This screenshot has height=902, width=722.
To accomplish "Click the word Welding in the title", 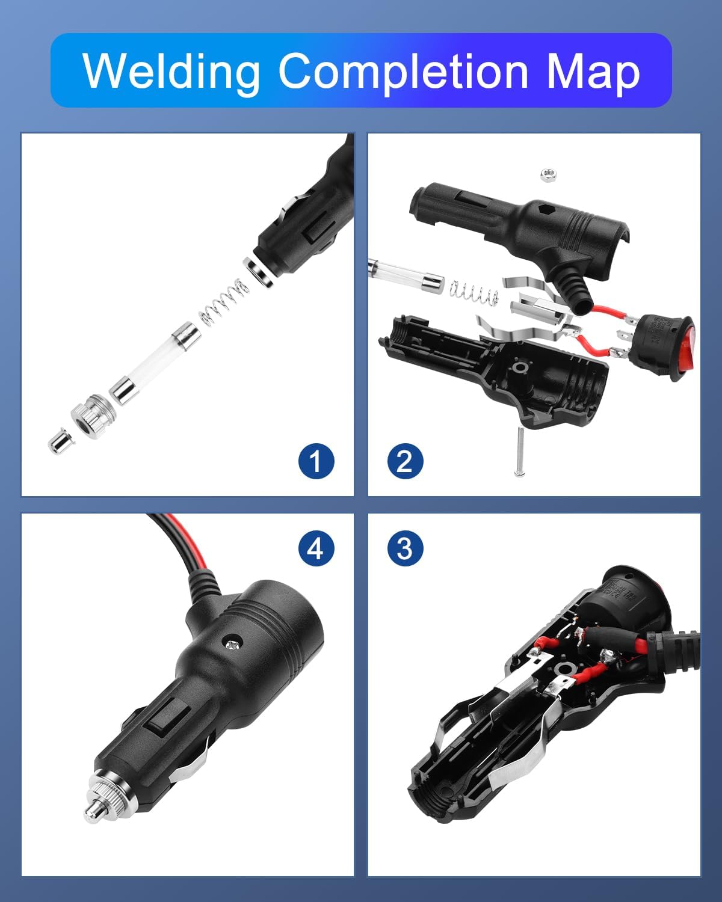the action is [x=171, y=73].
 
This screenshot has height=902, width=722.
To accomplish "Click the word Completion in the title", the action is [x=403, y=73].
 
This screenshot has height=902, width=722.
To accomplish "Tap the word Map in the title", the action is [x=593, y=73].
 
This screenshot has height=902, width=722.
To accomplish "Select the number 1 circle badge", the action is [x=316, y=461].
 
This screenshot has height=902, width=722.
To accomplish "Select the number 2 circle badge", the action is [x=405, y=461].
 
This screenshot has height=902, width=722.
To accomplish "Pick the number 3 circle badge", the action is [x=405, y=548].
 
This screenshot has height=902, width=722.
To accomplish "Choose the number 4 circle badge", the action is [x=316, y=548].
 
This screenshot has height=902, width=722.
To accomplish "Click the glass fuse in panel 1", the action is [x=155, y=363].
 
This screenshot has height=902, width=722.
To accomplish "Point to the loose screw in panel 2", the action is [x=519, y=451].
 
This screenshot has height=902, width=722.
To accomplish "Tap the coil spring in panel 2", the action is [x=474, y=291].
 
